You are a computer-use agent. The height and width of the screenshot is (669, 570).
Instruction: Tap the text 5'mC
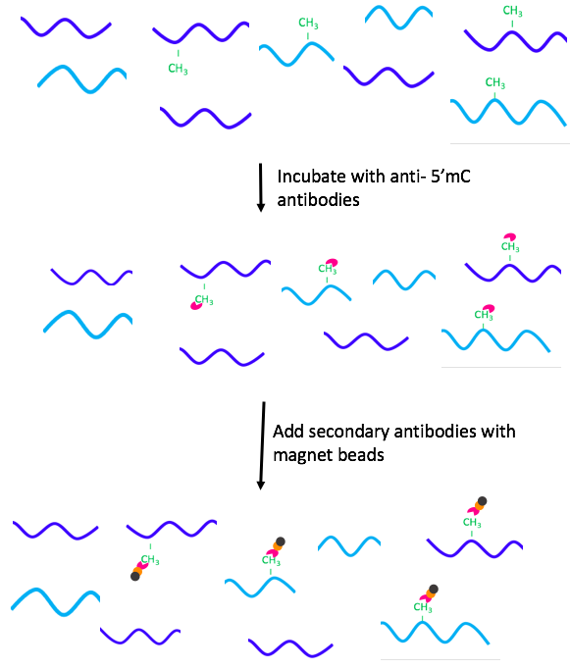450,177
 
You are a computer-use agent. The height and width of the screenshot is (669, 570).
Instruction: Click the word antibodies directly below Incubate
318,200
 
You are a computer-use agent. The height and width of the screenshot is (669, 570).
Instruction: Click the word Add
288,432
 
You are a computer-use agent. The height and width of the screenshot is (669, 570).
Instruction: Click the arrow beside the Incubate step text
261,187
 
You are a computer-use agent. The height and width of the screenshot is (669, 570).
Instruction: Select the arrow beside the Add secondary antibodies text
262,446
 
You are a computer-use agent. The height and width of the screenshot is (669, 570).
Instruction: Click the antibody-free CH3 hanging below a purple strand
178,69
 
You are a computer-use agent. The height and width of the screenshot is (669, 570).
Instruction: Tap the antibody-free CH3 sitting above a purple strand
512,11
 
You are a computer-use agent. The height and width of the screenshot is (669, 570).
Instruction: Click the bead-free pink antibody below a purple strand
196,305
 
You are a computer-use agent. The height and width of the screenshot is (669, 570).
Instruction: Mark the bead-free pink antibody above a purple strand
510,236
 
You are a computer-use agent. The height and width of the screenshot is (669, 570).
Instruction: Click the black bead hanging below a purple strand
135,577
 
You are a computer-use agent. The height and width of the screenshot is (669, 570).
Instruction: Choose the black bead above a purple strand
482,501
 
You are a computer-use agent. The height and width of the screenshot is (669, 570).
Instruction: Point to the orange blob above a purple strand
479,506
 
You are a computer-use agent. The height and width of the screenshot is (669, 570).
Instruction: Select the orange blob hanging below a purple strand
137,571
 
